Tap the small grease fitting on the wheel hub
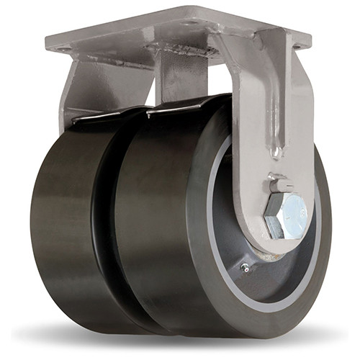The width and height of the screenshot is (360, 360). pos(246,269)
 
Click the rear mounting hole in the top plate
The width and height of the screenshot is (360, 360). pos(188,23)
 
